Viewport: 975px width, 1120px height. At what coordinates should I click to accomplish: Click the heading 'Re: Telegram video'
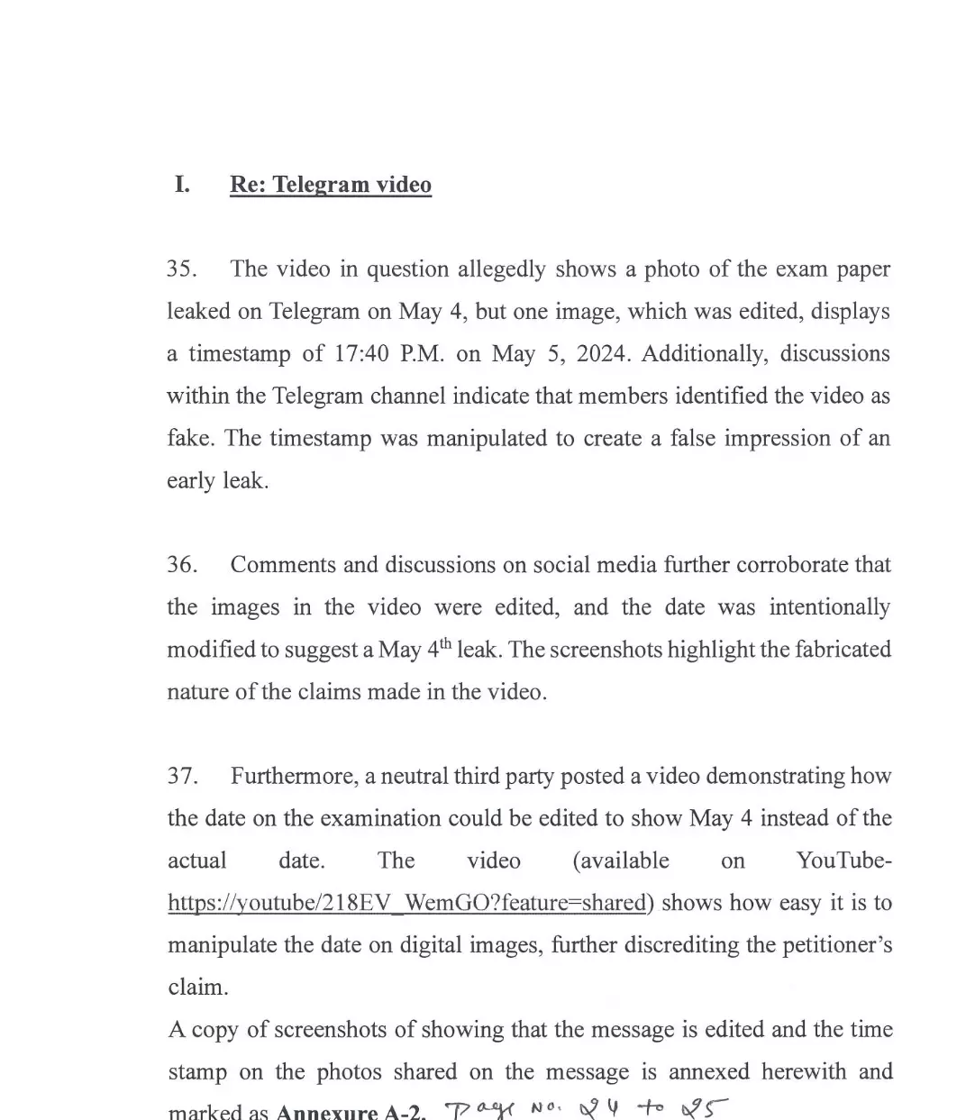[x=331, y=185]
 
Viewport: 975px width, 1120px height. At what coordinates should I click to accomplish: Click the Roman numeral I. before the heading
[x=182, y=185]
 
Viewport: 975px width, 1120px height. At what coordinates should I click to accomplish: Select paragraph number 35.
[x=182, y=269]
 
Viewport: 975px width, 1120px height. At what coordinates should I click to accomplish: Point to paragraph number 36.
[x=182, y=565]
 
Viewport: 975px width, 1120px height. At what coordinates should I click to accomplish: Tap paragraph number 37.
[x=182, y=776]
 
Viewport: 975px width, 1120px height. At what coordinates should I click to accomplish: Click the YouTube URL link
[x=407, y=903]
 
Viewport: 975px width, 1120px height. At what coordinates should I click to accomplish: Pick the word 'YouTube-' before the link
[x=844, y=860]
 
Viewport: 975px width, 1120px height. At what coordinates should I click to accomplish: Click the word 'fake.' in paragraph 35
[x=190, y=439]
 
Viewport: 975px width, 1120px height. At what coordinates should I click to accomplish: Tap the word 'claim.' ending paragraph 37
[x=198, y=988]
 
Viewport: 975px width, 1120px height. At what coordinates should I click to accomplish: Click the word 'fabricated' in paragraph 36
[x=838, y=650]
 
